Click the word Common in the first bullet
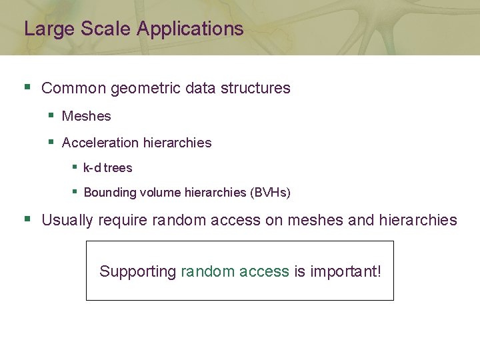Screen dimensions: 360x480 click(x=73, y=88)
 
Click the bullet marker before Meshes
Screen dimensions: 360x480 click(x=51, y=115)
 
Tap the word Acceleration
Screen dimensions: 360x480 click(x=100, y=143)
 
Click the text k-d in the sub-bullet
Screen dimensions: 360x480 click(x=92, y=168)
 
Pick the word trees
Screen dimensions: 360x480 click(x=118, y=168)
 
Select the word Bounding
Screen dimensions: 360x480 click(x=110, y=193)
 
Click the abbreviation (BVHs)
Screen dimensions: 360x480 click(x=270, y=193)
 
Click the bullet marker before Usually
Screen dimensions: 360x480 click(x=27, y=219)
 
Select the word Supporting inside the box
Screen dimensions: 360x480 click(x=137, y=272)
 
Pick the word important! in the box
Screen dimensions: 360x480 click(x=346, y=272)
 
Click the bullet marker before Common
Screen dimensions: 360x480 click(x=27, y=87)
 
